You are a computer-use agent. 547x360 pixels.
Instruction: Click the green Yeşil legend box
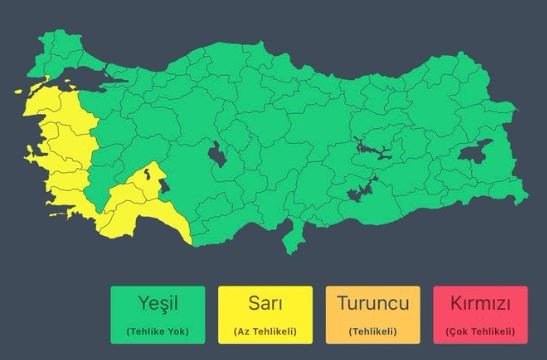[x=158, y=313]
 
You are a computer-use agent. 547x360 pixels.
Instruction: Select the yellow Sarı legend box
[x=265, y=313]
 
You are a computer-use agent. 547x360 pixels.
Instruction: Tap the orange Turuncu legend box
[x=373, y=313]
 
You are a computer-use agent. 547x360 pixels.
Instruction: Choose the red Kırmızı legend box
[x=480, y=313]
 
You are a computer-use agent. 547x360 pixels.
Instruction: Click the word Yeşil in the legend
[x=158, y=303]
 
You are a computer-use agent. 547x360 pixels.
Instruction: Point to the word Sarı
[x=265, y=303]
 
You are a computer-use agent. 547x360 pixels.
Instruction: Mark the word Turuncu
[x=373, y=303]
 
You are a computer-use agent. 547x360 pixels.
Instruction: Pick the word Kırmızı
[x=480, y=303]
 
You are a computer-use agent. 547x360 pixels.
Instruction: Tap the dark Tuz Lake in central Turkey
[x=216, y=154]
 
